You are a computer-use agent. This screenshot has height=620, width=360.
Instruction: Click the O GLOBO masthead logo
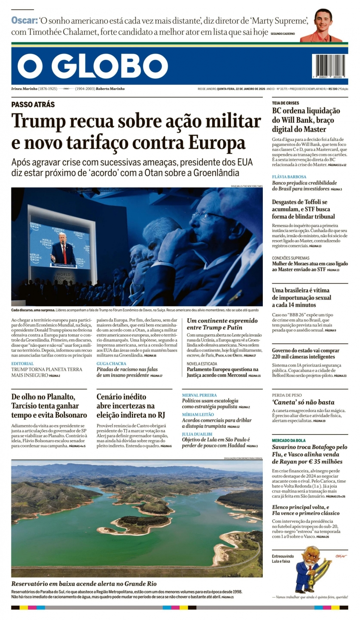[93, 66]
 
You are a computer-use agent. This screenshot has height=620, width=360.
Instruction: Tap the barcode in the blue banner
[329, 65]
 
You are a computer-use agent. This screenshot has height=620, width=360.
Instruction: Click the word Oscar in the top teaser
[24, 20]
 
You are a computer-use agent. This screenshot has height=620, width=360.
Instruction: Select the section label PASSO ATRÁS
[33, 104]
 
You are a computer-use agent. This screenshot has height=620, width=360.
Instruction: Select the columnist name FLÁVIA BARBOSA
[289, 177]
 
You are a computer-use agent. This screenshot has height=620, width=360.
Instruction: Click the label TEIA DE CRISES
[285, 103]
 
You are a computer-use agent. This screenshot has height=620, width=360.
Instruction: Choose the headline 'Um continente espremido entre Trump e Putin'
[222, 324]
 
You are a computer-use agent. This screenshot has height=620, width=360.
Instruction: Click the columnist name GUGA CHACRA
[111, 364]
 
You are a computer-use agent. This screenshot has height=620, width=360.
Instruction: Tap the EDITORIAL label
[22, 364]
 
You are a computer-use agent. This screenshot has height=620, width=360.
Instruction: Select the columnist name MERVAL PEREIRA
[199, 395]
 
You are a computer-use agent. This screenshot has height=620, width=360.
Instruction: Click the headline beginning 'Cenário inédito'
[130, 406]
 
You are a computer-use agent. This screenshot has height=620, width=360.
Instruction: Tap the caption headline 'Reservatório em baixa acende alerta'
[84, 584]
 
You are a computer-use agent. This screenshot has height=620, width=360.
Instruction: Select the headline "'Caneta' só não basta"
[303, 402]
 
